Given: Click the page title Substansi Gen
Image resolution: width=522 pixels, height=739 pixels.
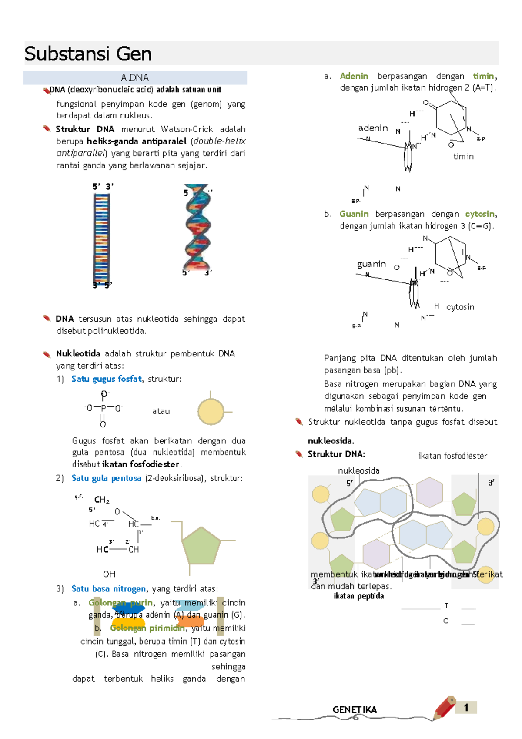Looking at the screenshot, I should (x=88, y=54).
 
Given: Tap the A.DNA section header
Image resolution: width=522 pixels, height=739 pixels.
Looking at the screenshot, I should (x=135, y=77).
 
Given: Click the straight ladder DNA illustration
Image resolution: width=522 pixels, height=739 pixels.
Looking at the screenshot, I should (x=101, y=238).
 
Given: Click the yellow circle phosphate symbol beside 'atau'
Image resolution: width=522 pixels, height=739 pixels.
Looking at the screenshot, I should (x=211, y=412).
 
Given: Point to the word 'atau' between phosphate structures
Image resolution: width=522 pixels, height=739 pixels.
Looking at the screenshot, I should (x=161, y=411).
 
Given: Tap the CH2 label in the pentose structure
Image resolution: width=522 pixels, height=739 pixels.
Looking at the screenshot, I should (x=102, y=500).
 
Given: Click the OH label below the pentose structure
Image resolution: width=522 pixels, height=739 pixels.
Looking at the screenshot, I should (x=109, y=574).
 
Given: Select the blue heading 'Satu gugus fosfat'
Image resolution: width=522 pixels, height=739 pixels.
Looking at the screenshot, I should (x=107, y=379).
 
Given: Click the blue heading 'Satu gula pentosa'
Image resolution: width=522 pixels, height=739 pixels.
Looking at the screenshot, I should (x=107, y=478).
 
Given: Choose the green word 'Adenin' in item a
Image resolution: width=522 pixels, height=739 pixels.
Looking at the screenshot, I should (x=354, y=76).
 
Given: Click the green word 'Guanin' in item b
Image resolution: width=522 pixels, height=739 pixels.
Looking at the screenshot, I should (x=354, y=214).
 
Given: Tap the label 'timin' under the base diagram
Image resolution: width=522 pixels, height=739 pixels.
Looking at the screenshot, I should (x=463, y=156).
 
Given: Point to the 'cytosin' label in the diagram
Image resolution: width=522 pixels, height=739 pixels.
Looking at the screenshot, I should (x=460, y=307).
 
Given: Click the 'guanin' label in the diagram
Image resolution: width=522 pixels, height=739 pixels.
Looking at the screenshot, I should (x=371, y=264).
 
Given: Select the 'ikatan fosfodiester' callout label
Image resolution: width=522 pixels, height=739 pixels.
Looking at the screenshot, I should (x=452, y=456).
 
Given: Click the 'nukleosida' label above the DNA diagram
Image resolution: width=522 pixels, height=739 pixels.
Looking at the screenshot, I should (x=359, y=470).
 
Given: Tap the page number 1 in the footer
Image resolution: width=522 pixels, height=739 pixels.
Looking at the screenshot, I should (x=466, y=707).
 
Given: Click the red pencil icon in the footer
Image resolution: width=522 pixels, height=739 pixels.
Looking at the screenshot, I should (x=444, y=707).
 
